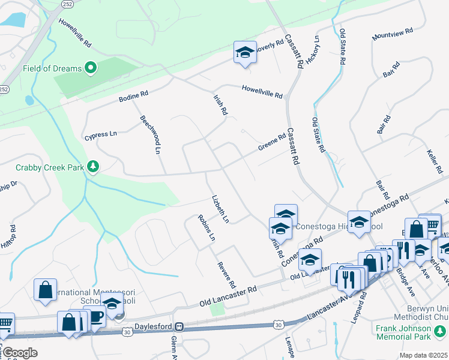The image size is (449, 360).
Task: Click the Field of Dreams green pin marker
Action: click(91, 68)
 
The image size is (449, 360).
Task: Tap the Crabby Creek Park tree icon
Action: click(93, 166)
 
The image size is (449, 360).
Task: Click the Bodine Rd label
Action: click(133, 95)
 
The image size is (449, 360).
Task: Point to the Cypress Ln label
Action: click(100, 134)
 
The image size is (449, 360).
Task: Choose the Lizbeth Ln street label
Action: click(220, 209)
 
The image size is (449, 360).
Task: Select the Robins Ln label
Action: click(206, 228)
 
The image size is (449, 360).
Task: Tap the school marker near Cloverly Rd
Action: click(245, 53)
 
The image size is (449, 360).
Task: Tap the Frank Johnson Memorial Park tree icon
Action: click(441, 329)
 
